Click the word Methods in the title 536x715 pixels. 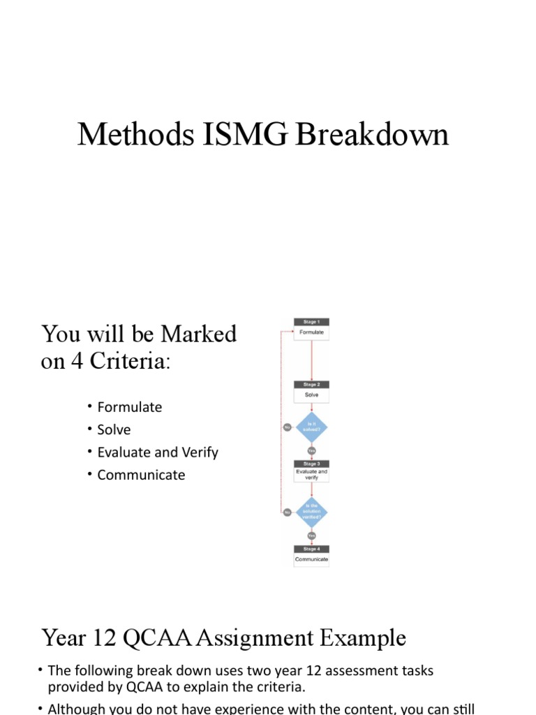click(130, 135)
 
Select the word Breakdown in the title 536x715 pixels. click(372, 135)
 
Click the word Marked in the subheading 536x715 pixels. click(199, 334)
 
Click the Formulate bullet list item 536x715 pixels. click(130, 407)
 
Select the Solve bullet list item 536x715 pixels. click(114, 429)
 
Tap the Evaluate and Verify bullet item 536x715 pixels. click(158, 452)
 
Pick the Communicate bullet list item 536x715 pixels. click(141, 475)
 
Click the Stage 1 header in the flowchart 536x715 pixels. click(311, 322)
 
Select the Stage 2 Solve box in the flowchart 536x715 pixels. click(311, 395)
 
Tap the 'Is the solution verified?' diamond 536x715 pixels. click(311, 512)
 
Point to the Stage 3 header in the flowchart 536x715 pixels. click(311, 464)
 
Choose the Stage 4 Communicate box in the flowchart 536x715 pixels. click(311, 559)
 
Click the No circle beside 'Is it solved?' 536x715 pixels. click(287, 427)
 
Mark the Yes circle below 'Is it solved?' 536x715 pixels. click(311, 450)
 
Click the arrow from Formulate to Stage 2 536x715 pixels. click(311, 360)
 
